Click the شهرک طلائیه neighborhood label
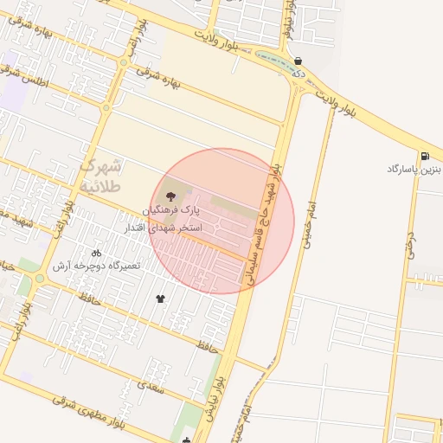(102, 174)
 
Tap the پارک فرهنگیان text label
(170, 210)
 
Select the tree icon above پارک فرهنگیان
(169, 196)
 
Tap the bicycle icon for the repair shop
(95, 253)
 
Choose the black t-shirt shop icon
(160, 299)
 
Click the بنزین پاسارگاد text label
(414, 168)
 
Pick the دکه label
(299, 74)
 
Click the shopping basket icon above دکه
(299, 61)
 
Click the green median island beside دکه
(275, 63)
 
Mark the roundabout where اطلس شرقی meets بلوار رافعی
(106, 108)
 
